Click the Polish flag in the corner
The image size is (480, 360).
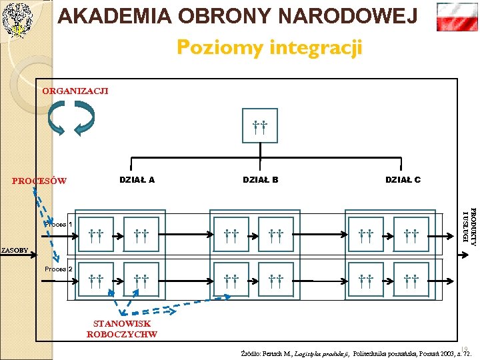tap(457, 17)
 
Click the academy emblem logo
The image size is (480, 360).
tap(17, 19)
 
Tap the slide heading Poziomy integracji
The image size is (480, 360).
tap(269, 48)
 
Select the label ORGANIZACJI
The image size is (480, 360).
tap(75, 91)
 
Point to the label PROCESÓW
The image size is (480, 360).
tap(39, 181)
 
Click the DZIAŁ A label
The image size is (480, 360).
tap(137, 179)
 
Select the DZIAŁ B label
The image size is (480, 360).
tap(260, 179)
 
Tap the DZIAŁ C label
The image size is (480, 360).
tap(403, 179)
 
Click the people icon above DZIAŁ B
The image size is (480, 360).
tap(260, 127)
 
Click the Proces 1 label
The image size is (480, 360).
tap(59, 225)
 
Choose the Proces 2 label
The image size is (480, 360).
tap(59, 269)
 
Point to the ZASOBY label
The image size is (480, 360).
tap(15, 251)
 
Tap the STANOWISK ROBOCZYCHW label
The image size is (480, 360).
tap(122, 329)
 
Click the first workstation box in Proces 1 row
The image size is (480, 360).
tap(96, 234)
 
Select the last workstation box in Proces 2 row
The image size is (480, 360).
tap(411, 279)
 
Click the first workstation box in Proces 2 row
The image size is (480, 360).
tap(96, 279)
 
